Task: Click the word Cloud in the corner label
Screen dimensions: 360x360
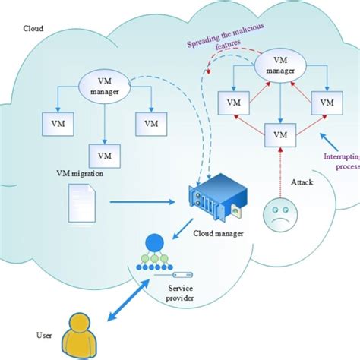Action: (x=33, y=28)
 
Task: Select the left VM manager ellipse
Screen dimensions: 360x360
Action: (x=105, y=87)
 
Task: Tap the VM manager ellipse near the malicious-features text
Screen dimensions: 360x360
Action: (x=280, y=65)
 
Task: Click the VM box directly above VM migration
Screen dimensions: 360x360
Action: (x=105, y=156)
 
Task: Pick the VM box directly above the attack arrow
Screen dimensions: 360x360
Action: (x=280, y=135)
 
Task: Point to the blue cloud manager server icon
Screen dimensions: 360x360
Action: (x=218, y=197)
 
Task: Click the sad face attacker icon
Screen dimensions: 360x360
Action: (x=280, y=215)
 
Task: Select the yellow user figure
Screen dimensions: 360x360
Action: (x=79, y=336)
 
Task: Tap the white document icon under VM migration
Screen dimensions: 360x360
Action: (x=82, y=204)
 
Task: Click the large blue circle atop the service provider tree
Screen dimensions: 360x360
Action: (x=154, y=242)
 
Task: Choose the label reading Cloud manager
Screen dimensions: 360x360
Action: (x=218, y=233)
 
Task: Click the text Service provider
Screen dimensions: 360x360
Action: (x=180, y=293)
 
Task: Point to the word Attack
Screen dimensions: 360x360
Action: (x=302, y=182)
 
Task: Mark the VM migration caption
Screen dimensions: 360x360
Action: (x=80, y=174)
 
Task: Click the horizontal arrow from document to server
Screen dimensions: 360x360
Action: (x=142, y=202)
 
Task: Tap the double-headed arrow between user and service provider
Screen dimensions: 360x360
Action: (x=128, y=300)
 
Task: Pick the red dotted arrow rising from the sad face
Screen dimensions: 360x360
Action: (x=280, y=172)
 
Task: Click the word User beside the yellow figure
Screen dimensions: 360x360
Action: (x=44, y=336)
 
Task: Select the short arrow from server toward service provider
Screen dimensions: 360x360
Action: (x=183, y=229)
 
